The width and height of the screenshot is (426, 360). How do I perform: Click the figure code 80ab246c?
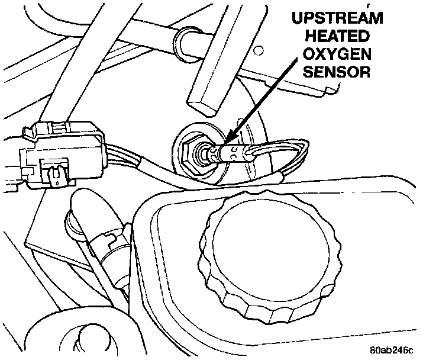393,349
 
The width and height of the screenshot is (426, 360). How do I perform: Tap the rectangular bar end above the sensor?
204,105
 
